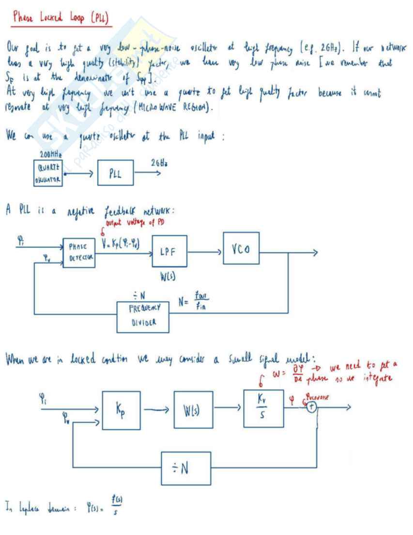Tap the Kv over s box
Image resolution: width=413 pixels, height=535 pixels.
pyautogui.click(x=263, y=408)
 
